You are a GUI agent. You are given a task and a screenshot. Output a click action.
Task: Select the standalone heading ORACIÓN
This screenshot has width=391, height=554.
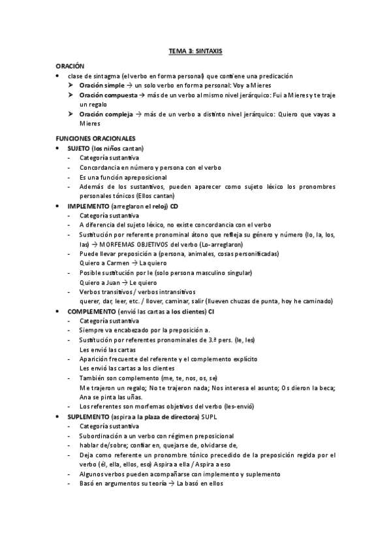pyautogui.click(x=70, y=66)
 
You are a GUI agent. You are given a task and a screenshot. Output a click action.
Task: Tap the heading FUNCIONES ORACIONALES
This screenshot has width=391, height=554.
pyautogui.click(x=95, y=138)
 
